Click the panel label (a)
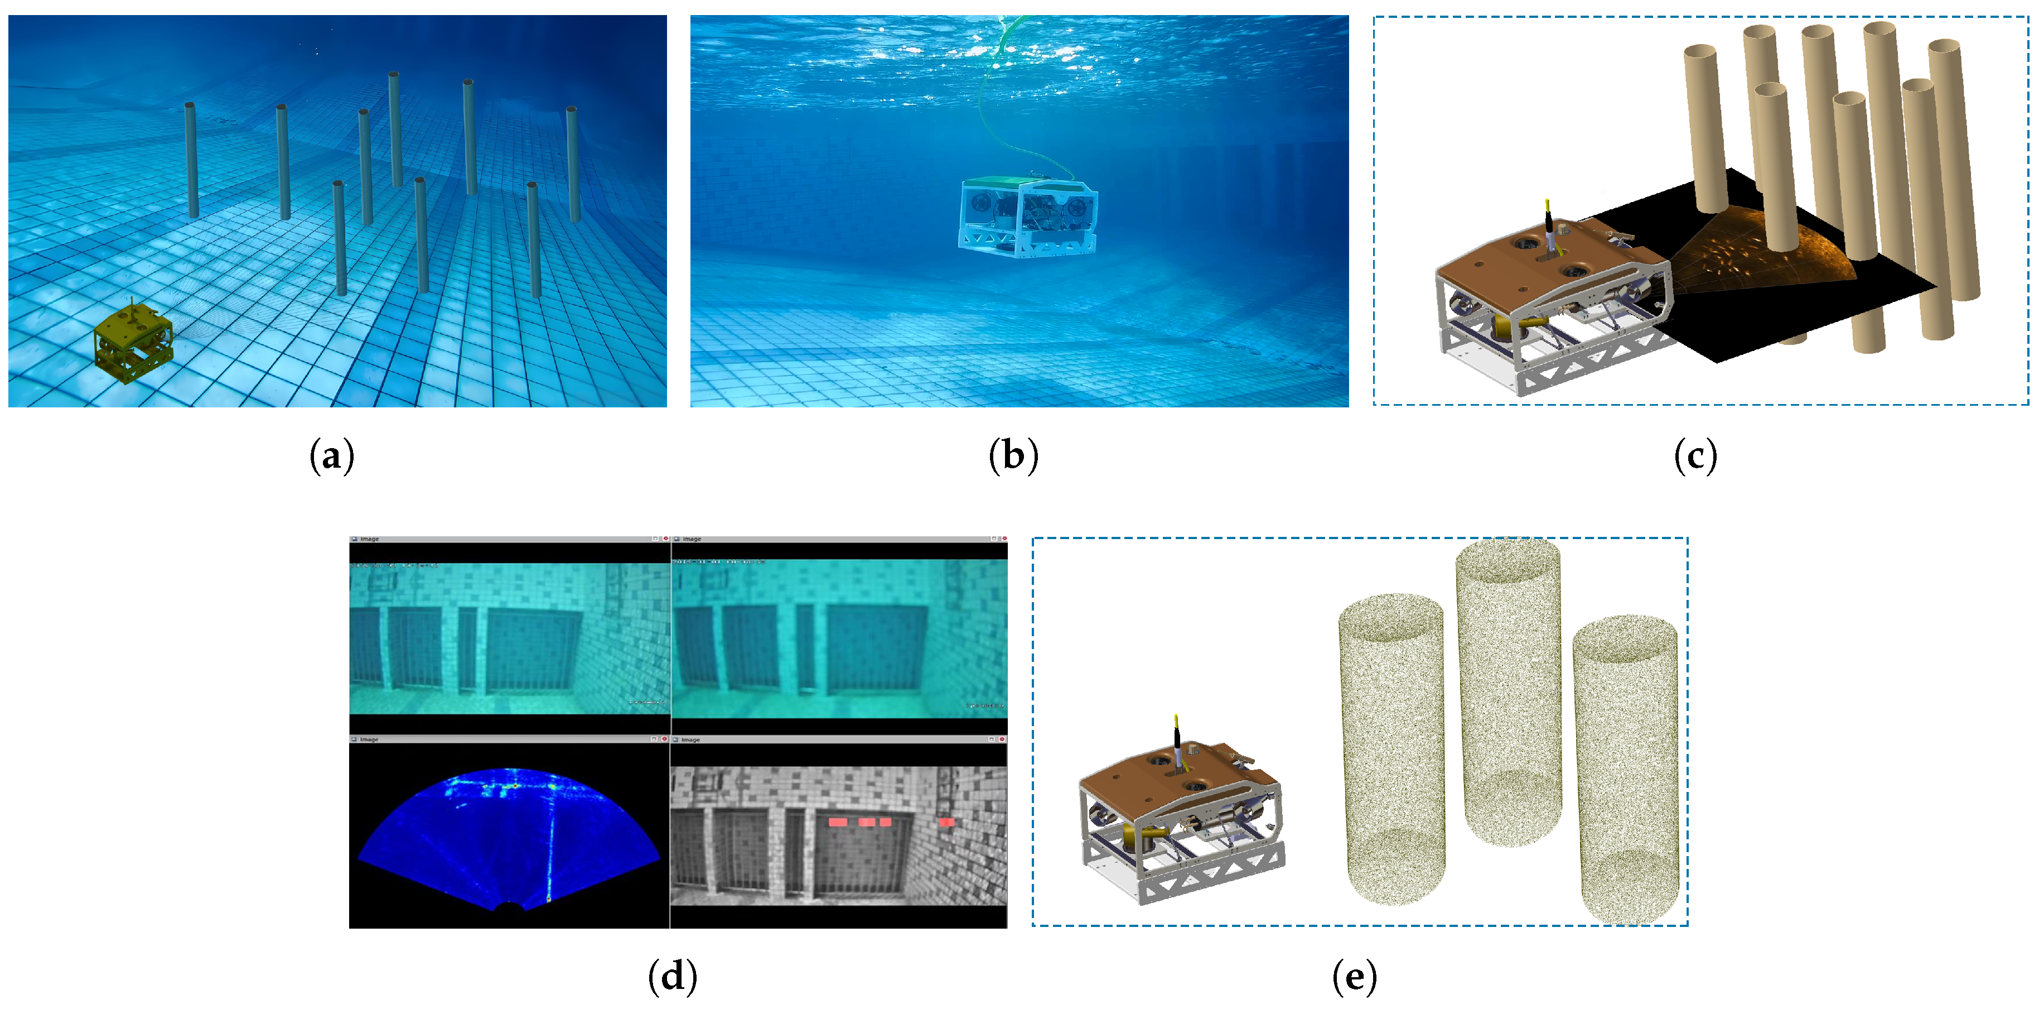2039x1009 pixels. pos(332,457)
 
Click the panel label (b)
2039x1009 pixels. pos(1013,457)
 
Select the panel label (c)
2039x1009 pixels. pos(1695,457)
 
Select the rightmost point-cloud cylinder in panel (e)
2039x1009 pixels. pos(1627,768)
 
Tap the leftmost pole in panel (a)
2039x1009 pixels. pos(191,159)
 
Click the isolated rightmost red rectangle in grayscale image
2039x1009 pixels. pos(946,822)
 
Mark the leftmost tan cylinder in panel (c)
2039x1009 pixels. pos(1705,127)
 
